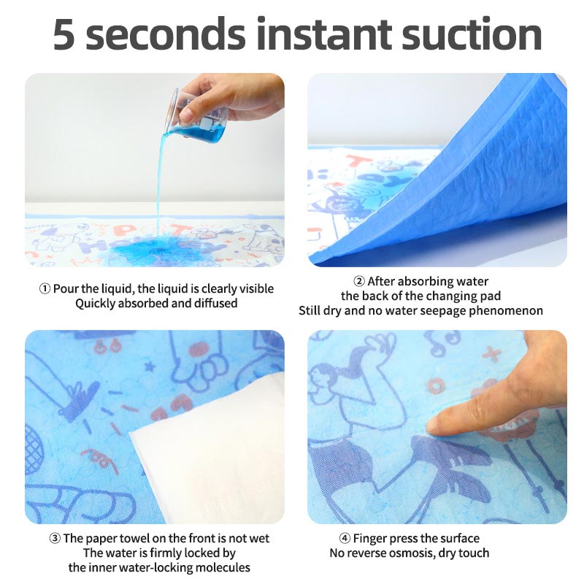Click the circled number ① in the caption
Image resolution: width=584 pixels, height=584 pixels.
click(x=45, y=289)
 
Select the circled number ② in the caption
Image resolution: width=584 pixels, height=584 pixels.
click(x=358, y=282)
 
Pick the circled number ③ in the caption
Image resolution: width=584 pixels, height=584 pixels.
click(x=55, y=539)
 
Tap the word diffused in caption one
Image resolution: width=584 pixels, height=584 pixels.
click(x=215, y=303)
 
